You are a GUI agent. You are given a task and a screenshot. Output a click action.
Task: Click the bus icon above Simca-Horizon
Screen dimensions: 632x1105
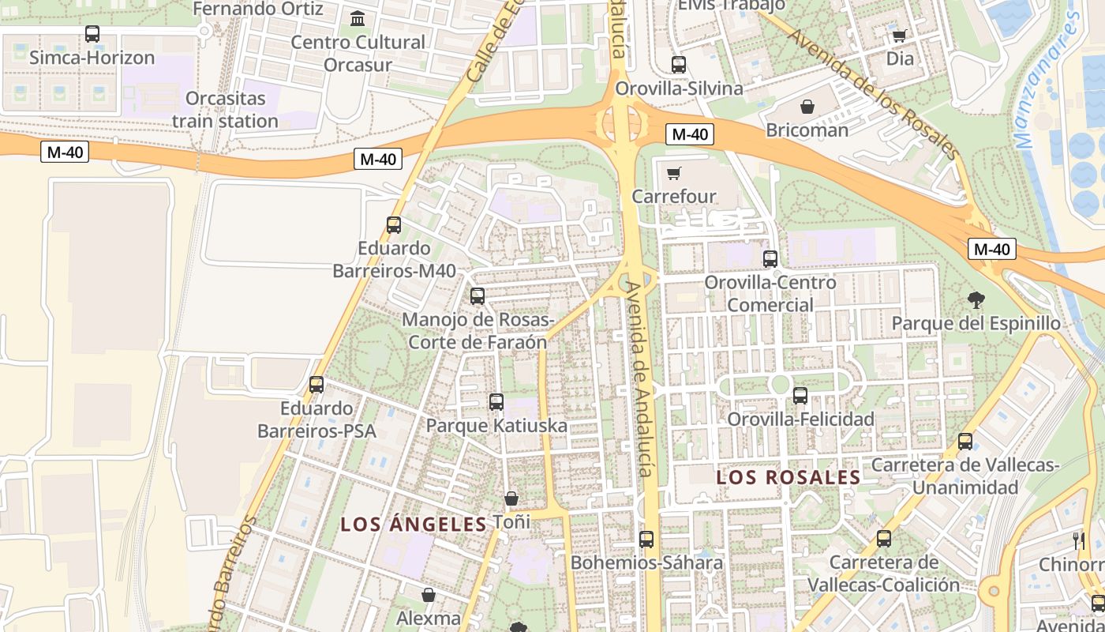92,34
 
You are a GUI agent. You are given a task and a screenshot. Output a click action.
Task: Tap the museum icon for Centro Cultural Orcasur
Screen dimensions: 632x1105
358,18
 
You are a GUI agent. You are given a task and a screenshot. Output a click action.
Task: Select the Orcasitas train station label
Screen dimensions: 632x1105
225,110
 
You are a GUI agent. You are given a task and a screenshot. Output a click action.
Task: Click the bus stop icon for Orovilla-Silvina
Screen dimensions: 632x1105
679,65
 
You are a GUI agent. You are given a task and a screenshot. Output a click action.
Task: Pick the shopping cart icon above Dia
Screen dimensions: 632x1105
899,36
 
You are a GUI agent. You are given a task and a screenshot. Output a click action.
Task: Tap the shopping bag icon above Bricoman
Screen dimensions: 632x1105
807,107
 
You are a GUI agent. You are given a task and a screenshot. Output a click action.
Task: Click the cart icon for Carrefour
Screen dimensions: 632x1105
673,173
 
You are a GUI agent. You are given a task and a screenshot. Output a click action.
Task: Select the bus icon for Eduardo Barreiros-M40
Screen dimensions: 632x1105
394,225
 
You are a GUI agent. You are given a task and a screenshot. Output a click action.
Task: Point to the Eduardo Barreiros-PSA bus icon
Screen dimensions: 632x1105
317,385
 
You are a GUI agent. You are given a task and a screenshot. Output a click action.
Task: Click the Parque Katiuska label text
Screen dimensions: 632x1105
496,426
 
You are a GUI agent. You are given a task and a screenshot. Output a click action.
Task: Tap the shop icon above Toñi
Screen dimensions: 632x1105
511,499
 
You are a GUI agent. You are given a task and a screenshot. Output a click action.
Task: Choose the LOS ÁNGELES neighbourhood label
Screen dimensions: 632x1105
414,525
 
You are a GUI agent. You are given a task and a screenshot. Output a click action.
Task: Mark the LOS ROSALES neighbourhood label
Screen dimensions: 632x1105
788,478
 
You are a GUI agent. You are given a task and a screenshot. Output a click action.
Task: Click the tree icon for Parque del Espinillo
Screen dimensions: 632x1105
976,300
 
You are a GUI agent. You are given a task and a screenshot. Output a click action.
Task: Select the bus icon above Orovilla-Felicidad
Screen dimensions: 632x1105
800,396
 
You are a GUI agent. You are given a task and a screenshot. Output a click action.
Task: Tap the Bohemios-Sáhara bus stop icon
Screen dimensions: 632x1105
646,540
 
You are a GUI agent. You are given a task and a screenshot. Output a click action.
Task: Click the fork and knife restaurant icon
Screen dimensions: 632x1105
1079,541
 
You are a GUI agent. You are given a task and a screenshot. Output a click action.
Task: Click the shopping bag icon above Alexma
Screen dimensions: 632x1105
429,595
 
